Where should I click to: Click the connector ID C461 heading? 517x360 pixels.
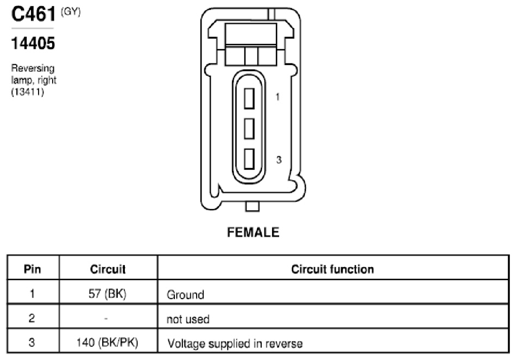pyautogui.click(x=33, y=14)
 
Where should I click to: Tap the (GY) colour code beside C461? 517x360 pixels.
pyautogui.click(x=71, y=12)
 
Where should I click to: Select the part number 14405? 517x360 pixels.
pyautogui.click(x=33, y=43)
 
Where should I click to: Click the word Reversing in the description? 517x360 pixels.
pyautogui.click(x=33, y=68)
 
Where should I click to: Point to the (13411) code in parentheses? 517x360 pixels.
pyautogui.click(x=27, y=92)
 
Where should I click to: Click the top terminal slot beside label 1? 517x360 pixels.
pyautogui.click(x=249, y=98)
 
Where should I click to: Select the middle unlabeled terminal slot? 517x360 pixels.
pyautogui.click(x=249, y=129)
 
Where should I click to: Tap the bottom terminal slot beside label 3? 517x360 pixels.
pyautogui.click(x=249, y=159)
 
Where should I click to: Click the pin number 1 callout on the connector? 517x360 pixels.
pyautogui.click(x=278, y=97)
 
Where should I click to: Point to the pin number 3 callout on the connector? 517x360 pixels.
pyautogui.click(x=279, y=160)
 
